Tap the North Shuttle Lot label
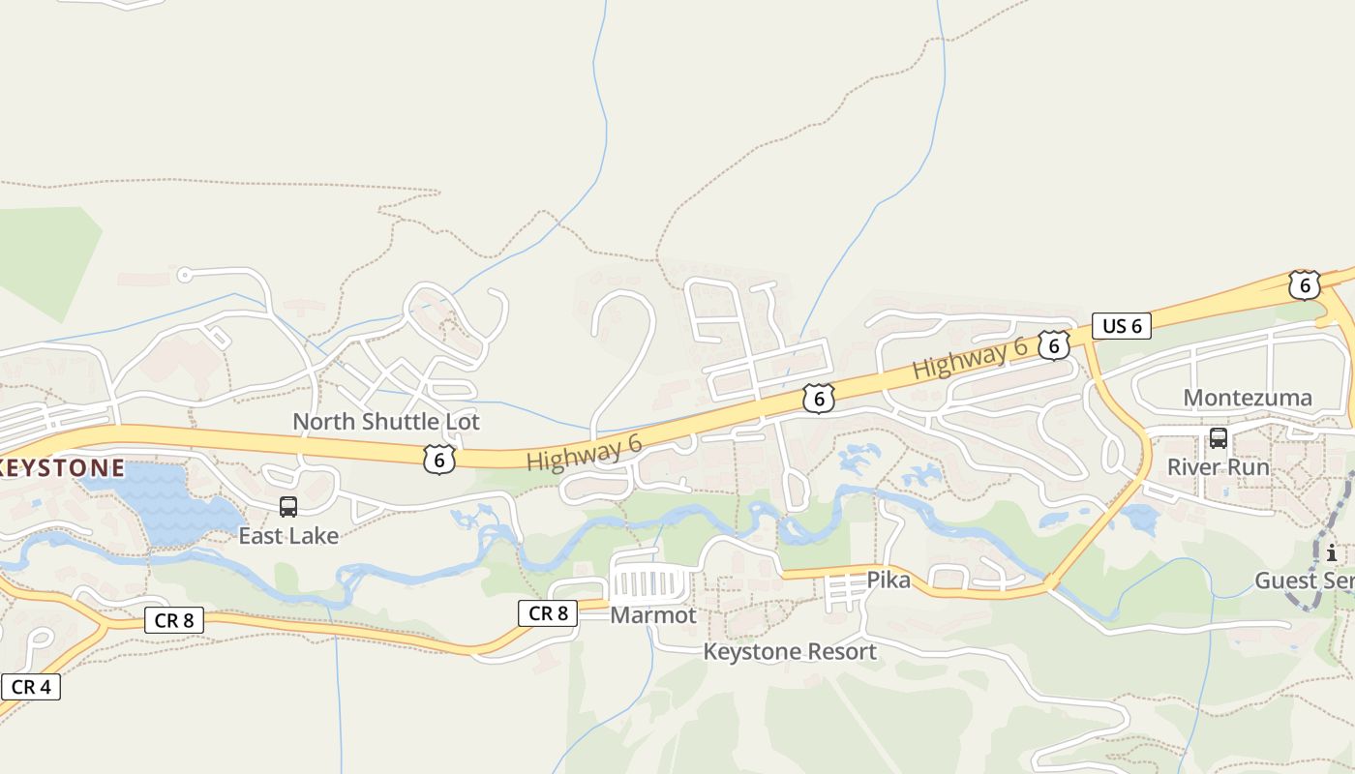(x=385, y=422)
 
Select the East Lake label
(x=288, y=535)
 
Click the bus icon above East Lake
(x=288, y=507)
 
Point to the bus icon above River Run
(x=1218, y=438)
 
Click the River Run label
(x=1218, y=467)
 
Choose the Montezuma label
(x=1248, y=398)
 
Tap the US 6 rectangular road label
(x=1122, y=326)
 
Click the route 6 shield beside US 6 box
(x=1054, y=345)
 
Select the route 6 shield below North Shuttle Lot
(x=439, y=460)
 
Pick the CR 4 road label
(x=31, y=687)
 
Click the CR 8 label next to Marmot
(x=548, y=612)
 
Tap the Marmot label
(x=652, y=615)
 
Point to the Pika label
(x=888, y=580)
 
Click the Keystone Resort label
(x=790, y=652)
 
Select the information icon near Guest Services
(x=1332, y=553)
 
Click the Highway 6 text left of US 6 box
(x=970, y=361)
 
